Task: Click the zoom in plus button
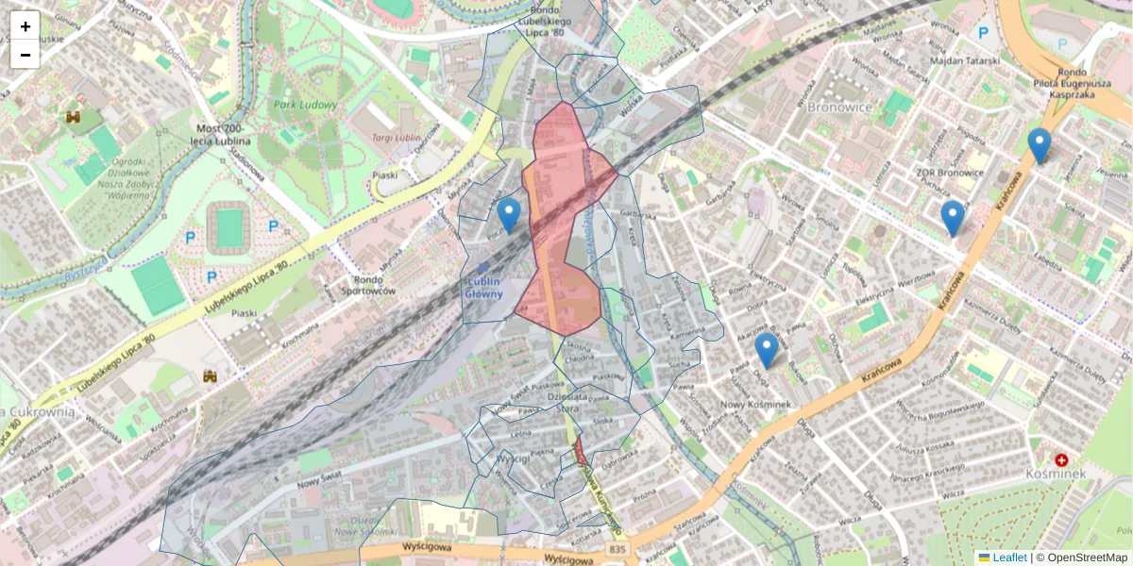click(25, 25)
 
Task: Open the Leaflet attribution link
click(1009, 558)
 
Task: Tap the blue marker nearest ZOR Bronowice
click(953, 218)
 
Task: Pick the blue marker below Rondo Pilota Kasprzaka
click(1039, 145)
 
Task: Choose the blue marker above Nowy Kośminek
click(767, 349)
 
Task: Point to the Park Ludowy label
click(305, 105)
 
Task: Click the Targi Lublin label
click(396, 138)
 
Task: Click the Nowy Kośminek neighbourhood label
click(754, 405)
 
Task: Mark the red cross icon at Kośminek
click(1061, 459)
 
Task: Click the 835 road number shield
click(617, 548)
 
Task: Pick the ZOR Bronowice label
click(950, 173)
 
